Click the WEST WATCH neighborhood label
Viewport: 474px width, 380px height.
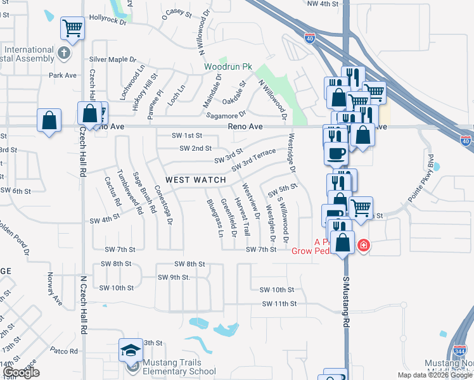(x=196, y=180)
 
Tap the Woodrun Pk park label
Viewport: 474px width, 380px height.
(x=227, y=66)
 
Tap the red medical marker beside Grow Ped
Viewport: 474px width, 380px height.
(x=363, y=245)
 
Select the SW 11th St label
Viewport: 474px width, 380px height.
(x=279, y=304)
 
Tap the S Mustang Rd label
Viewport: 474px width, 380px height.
(x=347, y=301)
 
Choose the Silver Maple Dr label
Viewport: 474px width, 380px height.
(x=113, y=60)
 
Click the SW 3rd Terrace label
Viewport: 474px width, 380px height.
(x=253, y=160)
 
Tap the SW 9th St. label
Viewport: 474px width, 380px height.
(x=174, y=277)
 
